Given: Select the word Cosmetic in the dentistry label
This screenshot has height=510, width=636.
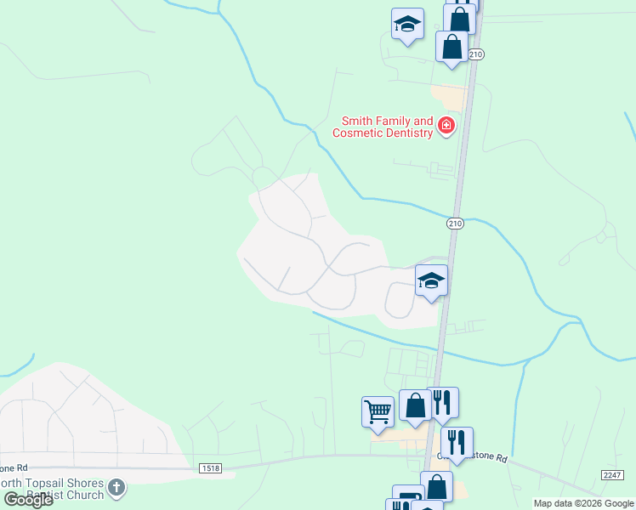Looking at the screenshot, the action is pos(356,133).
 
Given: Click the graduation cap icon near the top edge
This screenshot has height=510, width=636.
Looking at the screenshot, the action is pos(407,23).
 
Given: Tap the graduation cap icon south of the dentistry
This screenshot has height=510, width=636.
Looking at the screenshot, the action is pos(431,280).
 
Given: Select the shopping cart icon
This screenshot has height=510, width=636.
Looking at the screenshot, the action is pos(378,412).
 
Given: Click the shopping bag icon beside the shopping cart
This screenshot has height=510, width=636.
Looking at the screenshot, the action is pos(415,405).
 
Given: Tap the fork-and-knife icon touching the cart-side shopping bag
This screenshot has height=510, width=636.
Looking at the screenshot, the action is pos(442,402).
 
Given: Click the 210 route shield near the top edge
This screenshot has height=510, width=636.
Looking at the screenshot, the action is pos(475,54).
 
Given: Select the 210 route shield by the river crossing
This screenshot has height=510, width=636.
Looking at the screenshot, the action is pos(455,224).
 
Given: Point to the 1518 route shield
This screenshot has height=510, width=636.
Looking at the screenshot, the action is pos(211,468).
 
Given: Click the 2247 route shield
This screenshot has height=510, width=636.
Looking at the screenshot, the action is pos(611,475).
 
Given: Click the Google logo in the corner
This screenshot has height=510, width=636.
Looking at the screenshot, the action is pos(28,499).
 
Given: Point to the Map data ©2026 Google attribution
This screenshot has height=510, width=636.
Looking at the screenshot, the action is pos(583,503).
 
